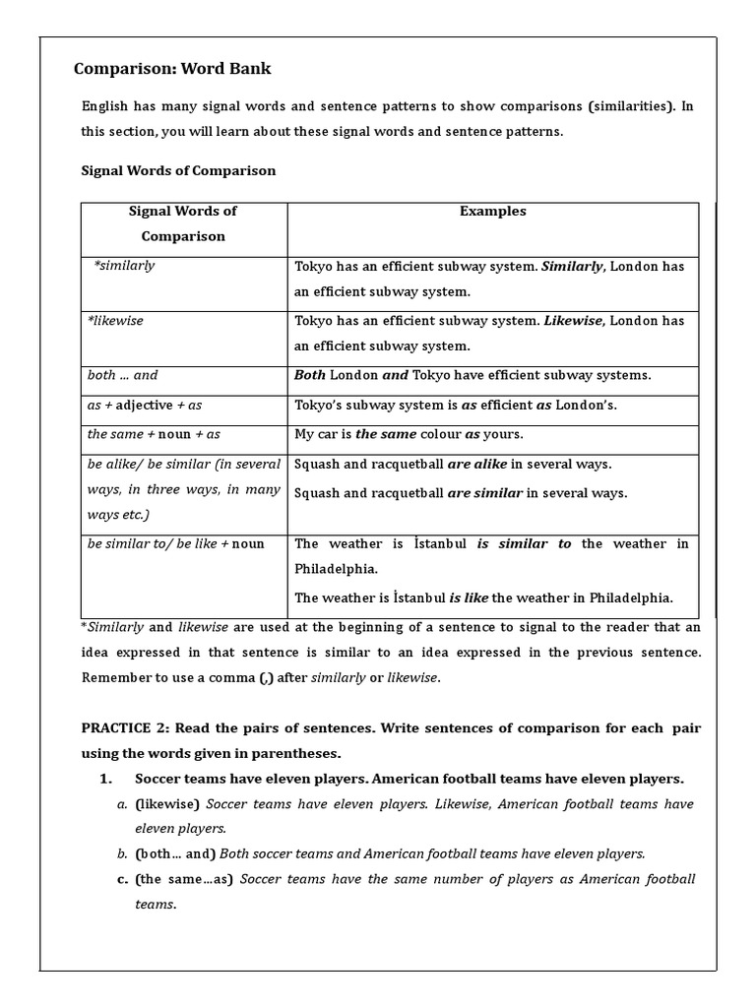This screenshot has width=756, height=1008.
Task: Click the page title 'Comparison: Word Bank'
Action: coord(172,69)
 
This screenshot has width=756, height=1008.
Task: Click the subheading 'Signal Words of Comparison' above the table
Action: coord(177,170)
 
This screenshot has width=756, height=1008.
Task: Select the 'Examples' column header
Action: coord(492,211)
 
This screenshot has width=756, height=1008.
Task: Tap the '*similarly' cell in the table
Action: coord(124,266)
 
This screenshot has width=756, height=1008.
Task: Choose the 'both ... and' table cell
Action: coord(122,375)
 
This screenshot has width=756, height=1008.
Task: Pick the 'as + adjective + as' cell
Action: coord(145,405)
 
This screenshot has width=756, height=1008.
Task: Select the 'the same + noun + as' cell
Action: coord(154,434)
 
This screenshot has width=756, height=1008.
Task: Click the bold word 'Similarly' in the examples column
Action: coord(573,267)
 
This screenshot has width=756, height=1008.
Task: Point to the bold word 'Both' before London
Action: coord(309,375)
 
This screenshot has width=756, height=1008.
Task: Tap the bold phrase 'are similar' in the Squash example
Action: coord(484,493)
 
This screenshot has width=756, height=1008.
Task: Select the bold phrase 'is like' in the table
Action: coord(469,597)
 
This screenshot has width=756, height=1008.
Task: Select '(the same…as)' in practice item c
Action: coord(184,879)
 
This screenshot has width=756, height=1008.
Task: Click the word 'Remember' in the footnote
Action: coord(113,677)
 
